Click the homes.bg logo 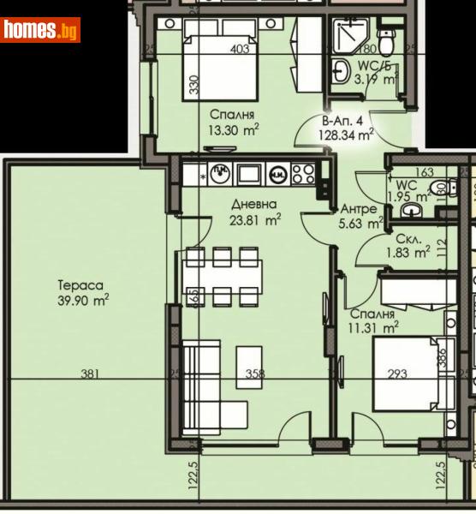[40, 30]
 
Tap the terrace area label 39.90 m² [83, 299]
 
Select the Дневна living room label [253, 205]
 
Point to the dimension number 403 [241, 49]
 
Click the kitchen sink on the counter [220, 173]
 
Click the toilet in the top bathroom [385, 39]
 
